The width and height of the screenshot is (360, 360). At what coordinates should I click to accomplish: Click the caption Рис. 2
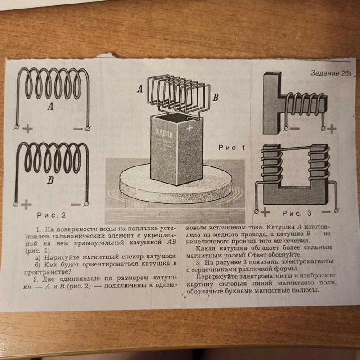tap(52, 215)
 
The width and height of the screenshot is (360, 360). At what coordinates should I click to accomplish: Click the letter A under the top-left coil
tap(50, 107)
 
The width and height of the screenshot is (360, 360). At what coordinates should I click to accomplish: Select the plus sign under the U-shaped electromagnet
tap(265, 210)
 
